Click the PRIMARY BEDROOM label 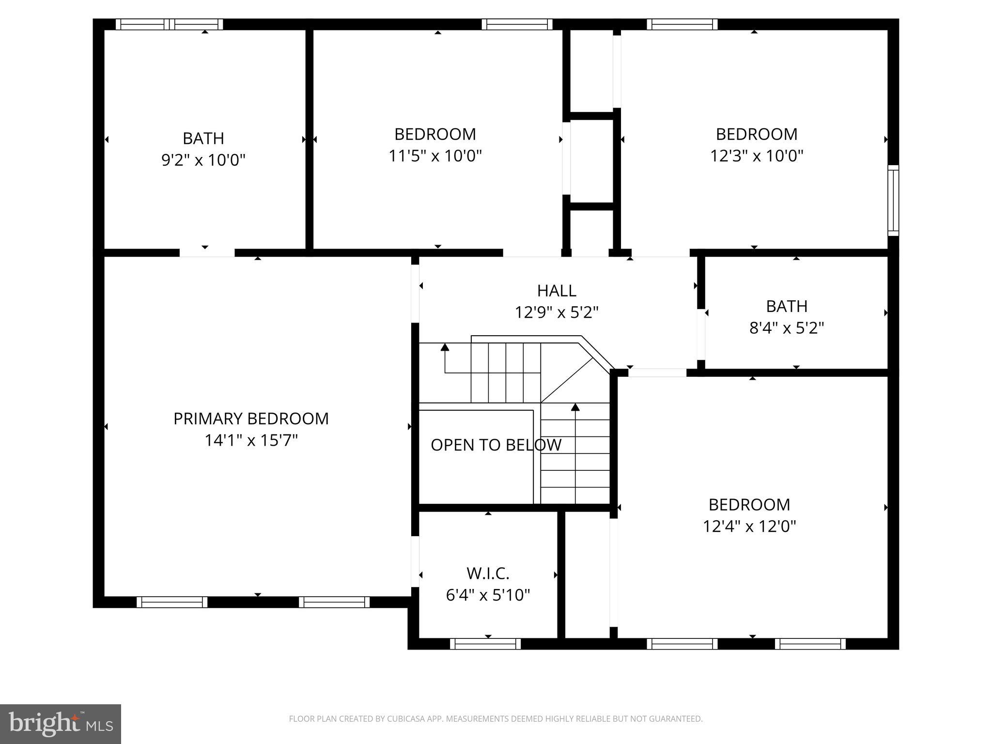pyautogui.click(x=251, y=418)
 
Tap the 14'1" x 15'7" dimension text pyautogui.click(x=251, y=440)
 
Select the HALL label pyautogui.click(x=557, y=291)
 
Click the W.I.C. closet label pyautogui.click(x=488, y=573)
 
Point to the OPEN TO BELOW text pyautogui.click(x=496, y=445)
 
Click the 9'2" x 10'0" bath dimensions pyautogui.click(x=203, y=160)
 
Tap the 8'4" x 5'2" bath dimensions pyautogui.click(x=787, y=328)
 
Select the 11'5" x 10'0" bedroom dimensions pyautogui.click(x=435, y=156)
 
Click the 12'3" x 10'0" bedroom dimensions pyautogui.click(x=757, y=156)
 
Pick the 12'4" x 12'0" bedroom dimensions pyautogui.click(x=749, y=527)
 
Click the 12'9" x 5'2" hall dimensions pyautogui.click(x=557, y=312)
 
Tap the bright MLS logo pyautogui.click(x=61, y=724)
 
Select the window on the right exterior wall pyautogui.click(x=893, y=201)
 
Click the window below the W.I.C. pyautogui.click(x=485, y=644)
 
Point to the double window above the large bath pyautogui.click(x=169, y=24)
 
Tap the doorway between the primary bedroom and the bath pyautogui.click(x=207, y=252)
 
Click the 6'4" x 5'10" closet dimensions pyautogui.click(x=488, y=595)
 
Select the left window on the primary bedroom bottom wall pyautogui.click(x=172, y=602)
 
